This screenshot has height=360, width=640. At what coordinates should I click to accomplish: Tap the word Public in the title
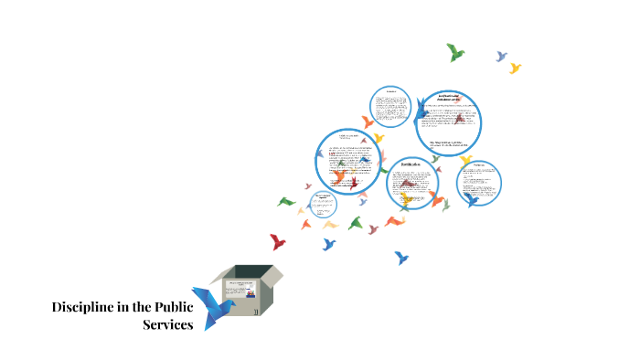[170, 307]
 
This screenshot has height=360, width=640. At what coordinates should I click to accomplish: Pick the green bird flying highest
[455, 52]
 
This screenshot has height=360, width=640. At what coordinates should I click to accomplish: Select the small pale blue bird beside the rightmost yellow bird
[501, 57]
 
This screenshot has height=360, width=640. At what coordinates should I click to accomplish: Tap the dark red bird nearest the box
[277, 242]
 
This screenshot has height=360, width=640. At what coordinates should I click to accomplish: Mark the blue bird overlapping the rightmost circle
[470, 197]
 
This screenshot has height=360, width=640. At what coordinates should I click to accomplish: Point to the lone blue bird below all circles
[400, 258]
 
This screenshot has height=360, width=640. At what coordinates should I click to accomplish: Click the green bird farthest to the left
[286, 201]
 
